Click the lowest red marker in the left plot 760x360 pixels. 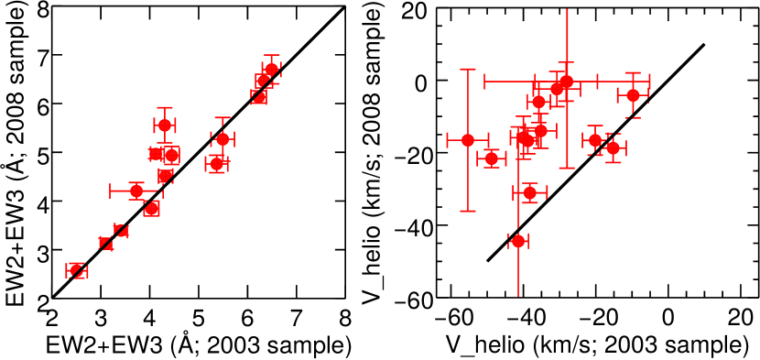coord(77,270)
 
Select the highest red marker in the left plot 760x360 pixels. coord(271,69)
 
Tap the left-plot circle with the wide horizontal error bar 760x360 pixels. coord(136,191)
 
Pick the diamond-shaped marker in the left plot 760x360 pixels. coord(223,139)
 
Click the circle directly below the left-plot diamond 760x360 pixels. coord(217,164)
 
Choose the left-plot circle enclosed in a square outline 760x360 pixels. coord(170,155)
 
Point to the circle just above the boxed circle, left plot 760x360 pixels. coord(165,125)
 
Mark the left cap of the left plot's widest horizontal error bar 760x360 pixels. coord(111,191)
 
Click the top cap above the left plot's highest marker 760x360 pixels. coord(271,56)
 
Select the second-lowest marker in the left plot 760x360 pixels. coord(106,243)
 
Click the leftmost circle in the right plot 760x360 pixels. coord(468,140)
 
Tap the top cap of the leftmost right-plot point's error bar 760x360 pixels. coord(468,70)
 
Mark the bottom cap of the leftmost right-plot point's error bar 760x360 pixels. coord(468,211)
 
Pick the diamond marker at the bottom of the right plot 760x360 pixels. coord(518,240)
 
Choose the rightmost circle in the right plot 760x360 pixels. coord(633,95)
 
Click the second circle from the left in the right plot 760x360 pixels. coord(492,158)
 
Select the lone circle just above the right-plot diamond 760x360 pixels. coord(530,192)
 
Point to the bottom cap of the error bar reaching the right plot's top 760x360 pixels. coord(567,168)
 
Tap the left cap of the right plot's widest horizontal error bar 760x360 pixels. coord(485,82)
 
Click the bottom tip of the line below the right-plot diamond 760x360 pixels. coord(518,295)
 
